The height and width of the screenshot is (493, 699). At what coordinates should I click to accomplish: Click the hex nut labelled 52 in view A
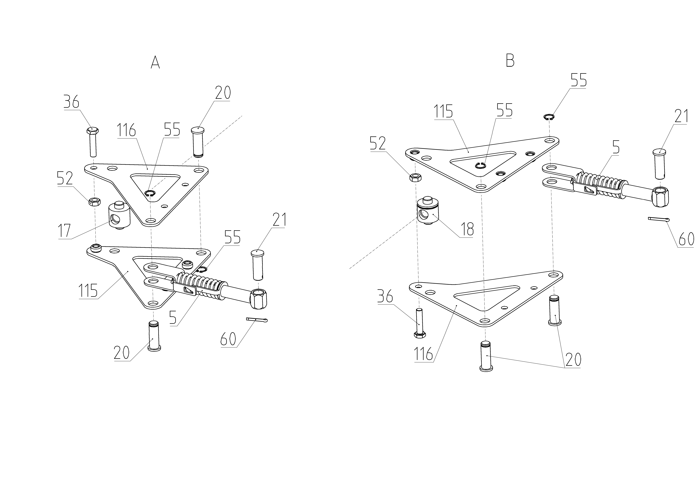(95, 202)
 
